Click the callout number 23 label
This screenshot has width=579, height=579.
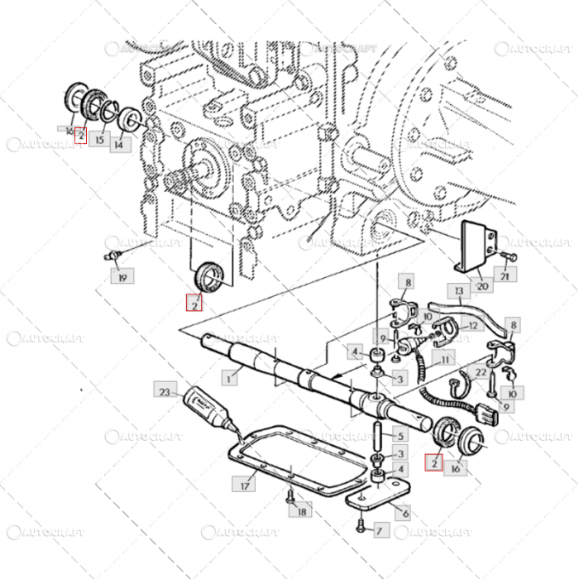click(x=164, y=390)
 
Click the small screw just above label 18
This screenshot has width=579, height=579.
click(x=289, y=496)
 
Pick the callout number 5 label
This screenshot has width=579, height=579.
click(x=400, y=435)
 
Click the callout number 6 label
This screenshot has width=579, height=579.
click(x=401, y=514)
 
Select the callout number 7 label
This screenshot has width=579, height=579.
click(x=380, y=529)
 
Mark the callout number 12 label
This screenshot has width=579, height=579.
click(x=472, y=327)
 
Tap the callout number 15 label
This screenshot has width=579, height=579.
click(x=99, y=140)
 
